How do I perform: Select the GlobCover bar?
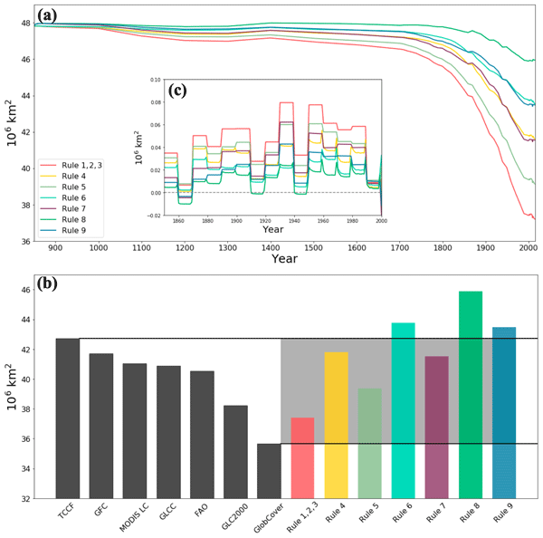click(x=269, y=470)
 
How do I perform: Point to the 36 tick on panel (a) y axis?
click(x=27, y=242)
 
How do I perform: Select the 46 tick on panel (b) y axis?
click(x=27, y=290)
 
